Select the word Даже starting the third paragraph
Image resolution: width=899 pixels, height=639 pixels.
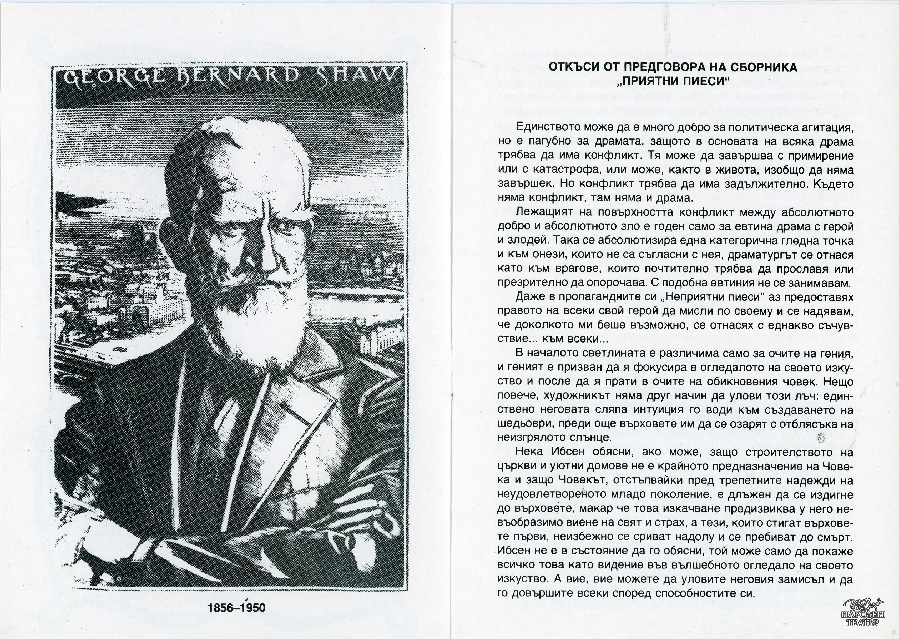(x=529, y=297)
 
